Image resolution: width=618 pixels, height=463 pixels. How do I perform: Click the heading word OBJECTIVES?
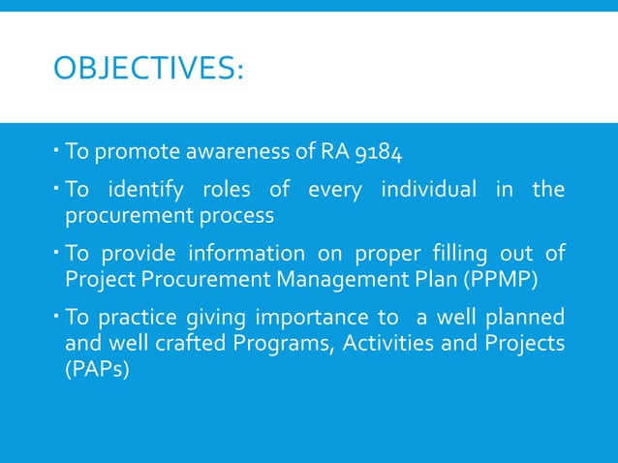click(x=145, y=70)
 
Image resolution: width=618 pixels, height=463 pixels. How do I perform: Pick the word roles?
click(x=236, y=189)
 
